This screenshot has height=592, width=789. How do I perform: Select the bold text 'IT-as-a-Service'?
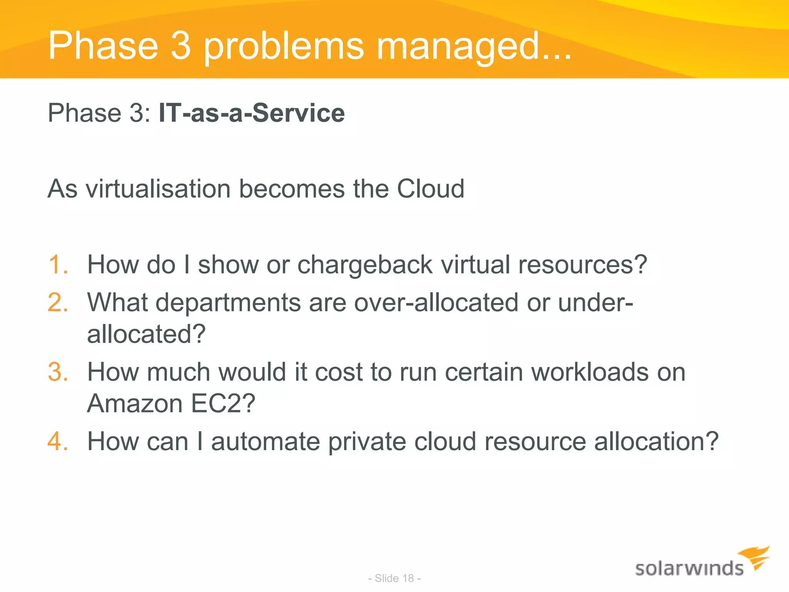(252, 113)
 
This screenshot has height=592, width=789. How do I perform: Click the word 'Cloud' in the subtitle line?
(430, 189)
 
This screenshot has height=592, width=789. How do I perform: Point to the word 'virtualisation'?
(158, 189)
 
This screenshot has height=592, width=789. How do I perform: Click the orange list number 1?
(58, 265)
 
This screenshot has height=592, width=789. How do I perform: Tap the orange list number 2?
(58, 303)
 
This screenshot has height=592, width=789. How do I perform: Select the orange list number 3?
(58, 372)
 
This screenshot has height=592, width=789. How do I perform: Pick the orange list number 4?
(58, 441)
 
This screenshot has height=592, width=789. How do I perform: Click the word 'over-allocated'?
(436, 303)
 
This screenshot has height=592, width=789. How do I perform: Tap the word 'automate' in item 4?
(265, 441)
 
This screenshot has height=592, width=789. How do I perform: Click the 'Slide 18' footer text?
(394, 578)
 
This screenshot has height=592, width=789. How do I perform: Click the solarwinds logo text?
(689, 569)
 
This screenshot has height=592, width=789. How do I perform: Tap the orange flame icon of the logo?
(755, 557)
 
